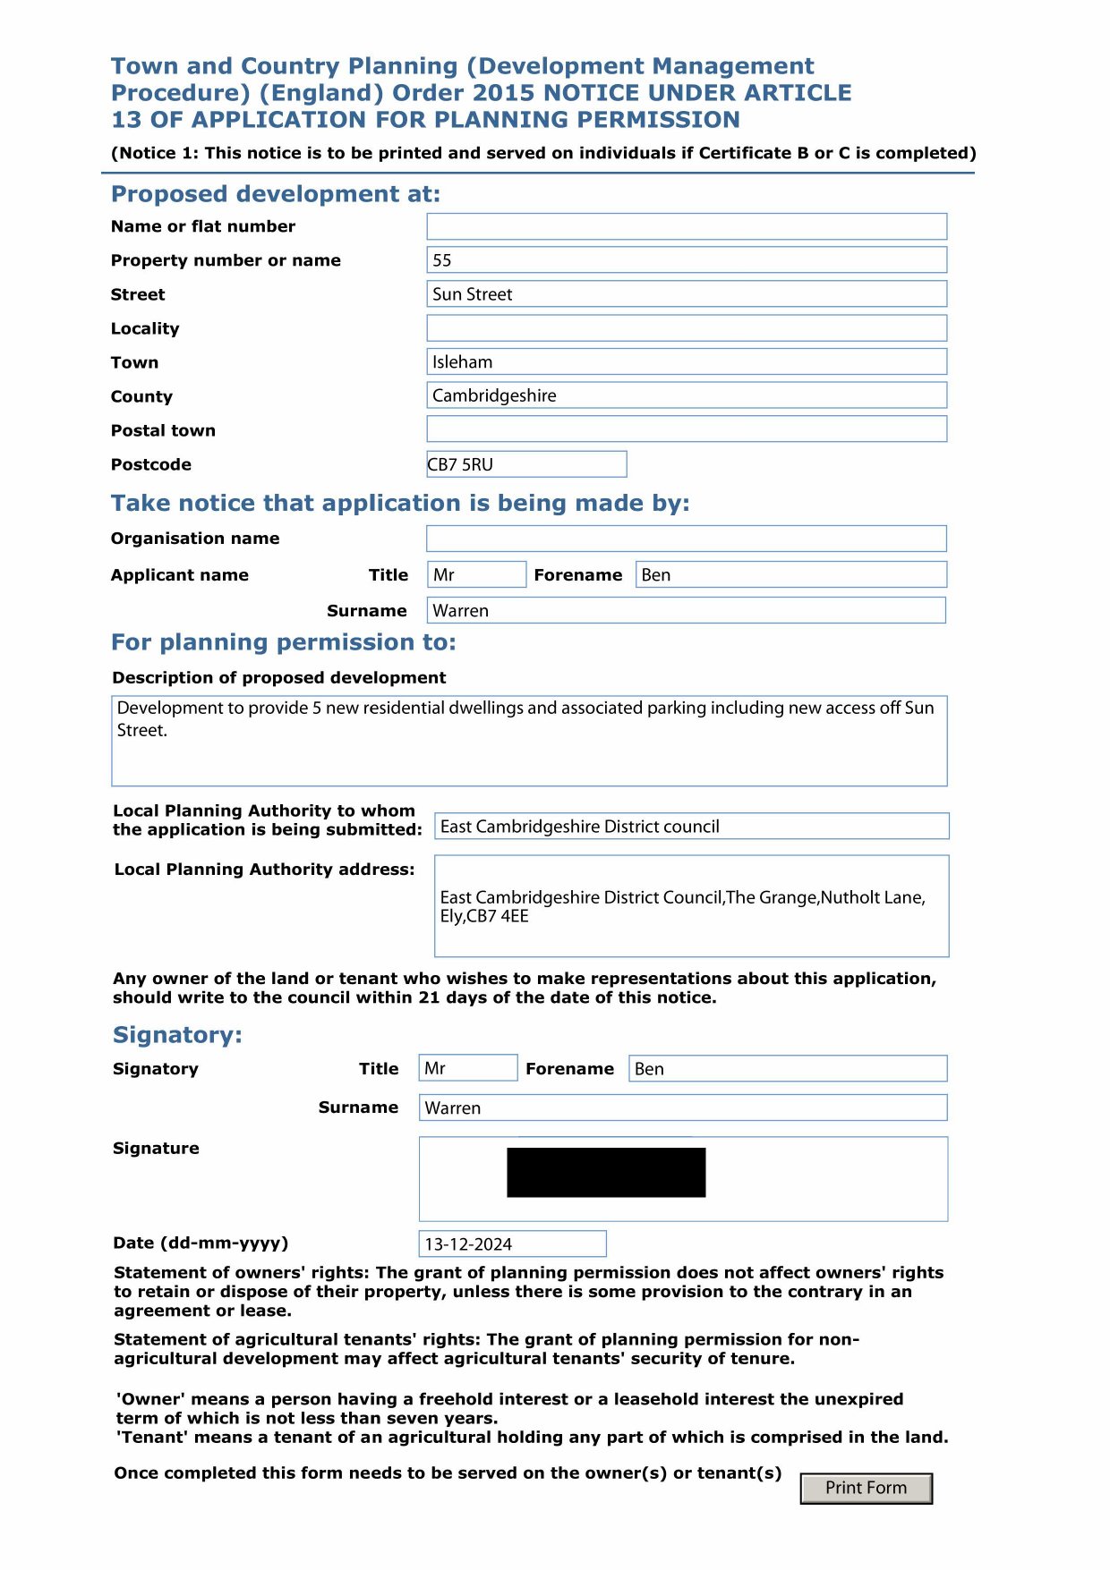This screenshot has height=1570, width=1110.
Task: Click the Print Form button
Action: coord(866,1488)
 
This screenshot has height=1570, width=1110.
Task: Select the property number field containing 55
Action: coord(686,260)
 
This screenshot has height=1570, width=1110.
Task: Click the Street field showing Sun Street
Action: coord(686,294)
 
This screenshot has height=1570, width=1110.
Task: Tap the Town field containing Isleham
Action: coord(686,362)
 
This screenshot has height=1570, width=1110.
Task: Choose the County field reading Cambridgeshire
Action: coord(686,395)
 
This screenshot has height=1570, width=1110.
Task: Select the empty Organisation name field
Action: coord(686,539)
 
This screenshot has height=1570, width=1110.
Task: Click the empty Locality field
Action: coord(686,328)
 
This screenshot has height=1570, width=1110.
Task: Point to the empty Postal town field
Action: coord(686,429)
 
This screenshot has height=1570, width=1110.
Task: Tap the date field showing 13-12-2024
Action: coord(512,1243)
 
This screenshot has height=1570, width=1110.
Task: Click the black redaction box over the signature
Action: coord(606,1172)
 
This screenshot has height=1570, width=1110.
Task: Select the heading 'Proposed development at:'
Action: coord(276,194)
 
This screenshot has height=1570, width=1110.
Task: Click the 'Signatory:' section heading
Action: coord(177,1035)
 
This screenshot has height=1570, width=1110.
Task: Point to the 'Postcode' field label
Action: coord(151,464)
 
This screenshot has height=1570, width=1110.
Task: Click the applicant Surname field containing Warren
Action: coord(686,611)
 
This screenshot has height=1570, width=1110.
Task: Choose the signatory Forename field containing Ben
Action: coord(788,1068)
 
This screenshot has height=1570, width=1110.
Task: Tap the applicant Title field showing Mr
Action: coord(476,574)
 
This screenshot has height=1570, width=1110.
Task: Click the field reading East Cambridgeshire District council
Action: coord(691,827)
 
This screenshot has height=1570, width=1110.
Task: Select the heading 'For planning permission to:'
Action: coord(284,642)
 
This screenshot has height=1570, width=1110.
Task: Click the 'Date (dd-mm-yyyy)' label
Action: coord(201,1243)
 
